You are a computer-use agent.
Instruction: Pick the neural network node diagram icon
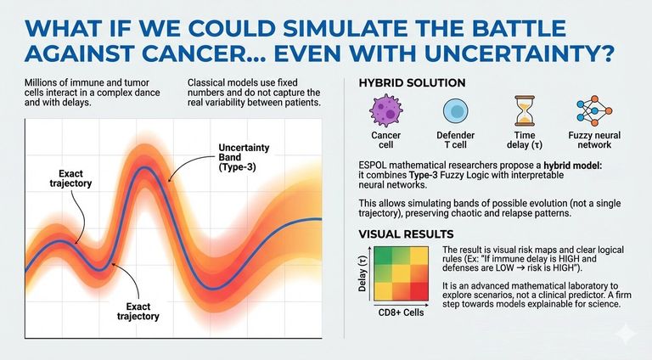(x=591, y=112)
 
